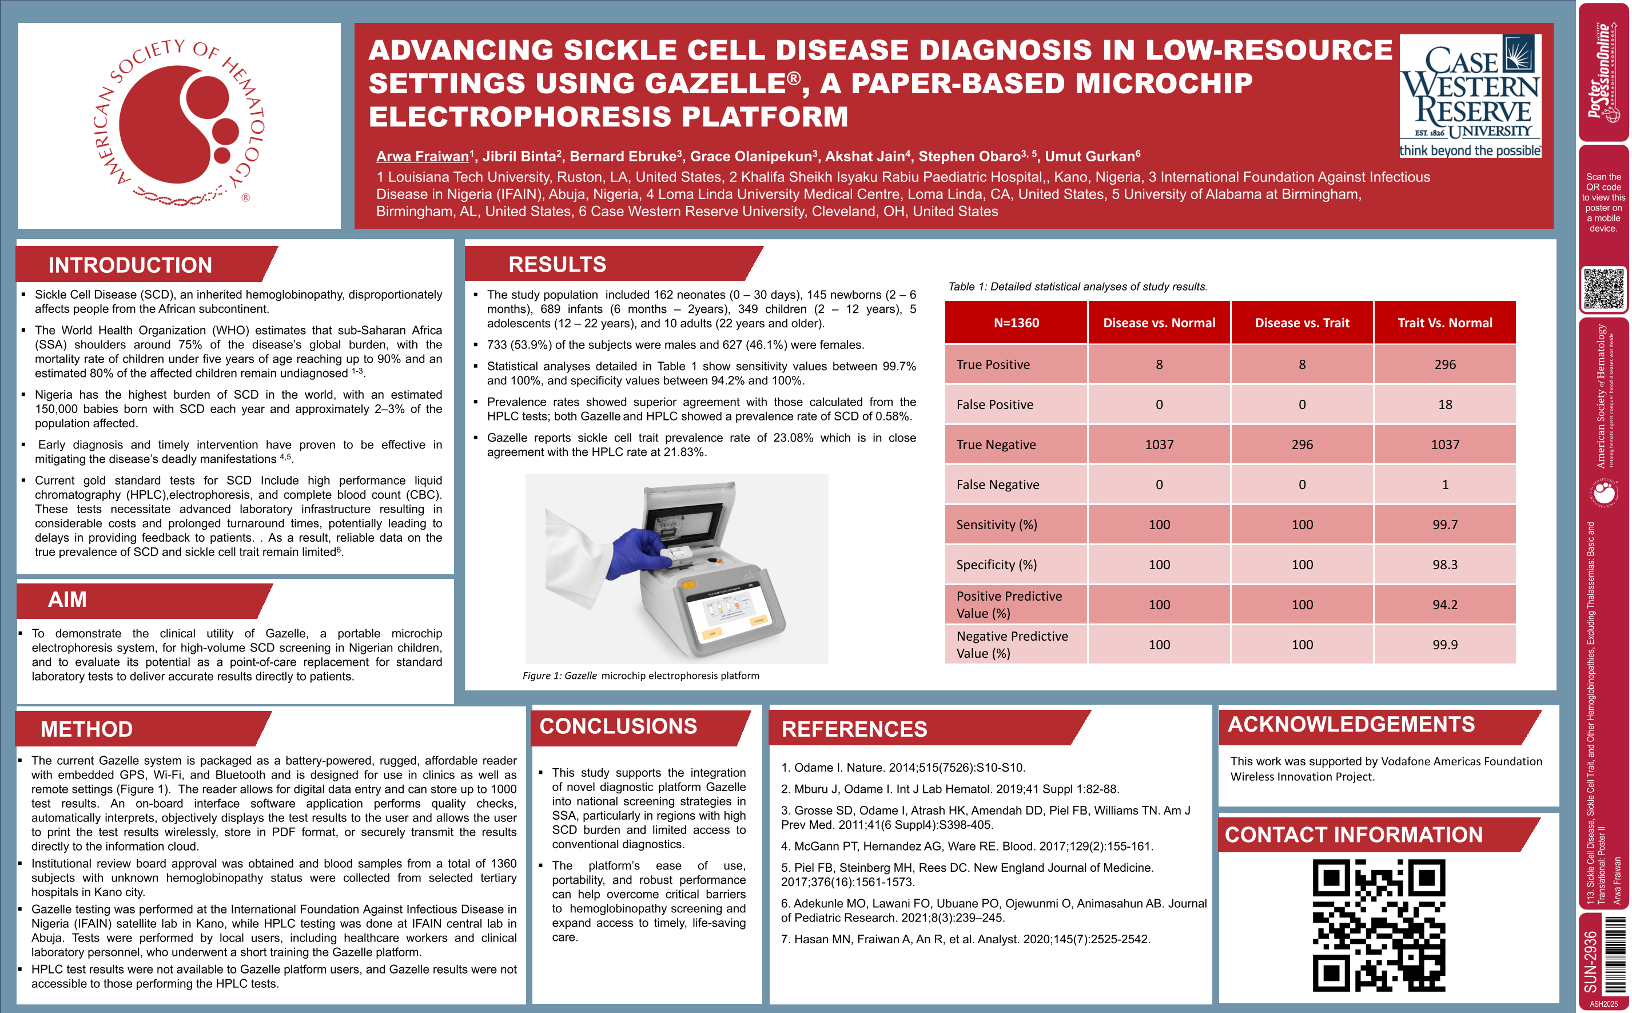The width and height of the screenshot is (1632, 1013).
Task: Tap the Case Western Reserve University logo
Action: (x=1470, y=96)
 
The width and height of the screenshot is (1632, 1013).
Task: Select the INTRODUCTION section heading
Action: (x=130, y=265)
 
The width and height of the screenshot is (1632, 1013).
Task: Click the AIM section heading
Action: (x=67, y=599)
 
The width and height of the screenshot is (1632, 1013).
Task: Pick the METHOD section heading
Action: (x=86, y=729)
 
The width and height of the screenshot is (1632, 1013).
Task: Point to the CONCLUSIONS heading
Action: (x=618, y=726)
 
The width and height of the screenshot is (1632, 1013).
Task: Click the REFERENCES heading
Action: (x=854, y=729)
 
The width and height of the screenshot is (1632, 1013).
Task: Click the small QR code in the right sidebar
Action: (x=1603, y=289)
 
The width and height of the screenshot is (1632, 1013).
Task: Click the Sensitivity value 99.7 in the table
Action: (x=1444, y=525)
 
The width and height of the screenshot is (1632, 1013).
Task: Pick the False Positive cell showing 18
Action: (x=1444, y=404)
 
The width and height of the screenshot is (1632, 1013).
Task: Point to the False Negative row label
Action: (x=997, y=484)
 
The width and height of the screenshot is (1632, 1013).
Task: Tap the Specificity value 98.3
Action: (x=1444, y=565)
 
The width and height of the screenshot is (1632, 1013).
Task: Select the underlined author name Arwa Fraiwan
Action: (x=422, y=157)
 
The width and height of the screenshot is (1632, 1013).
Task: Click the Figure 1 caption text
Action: (x=640, y=676)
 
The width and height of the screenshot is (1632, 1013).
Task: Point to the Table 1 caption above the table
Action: (x=1077, y=287)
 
